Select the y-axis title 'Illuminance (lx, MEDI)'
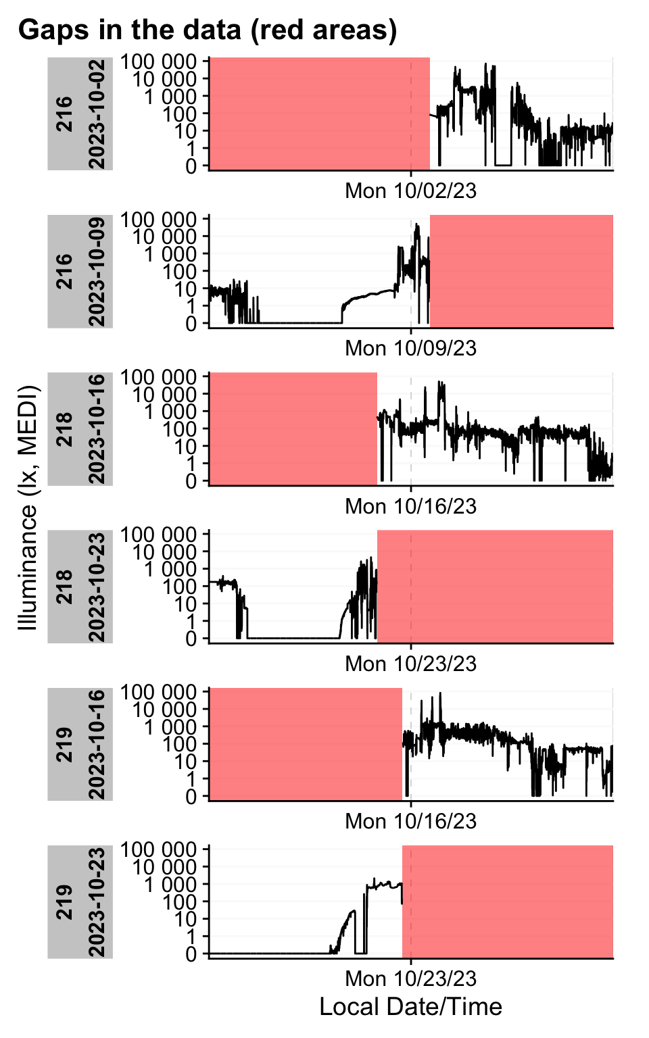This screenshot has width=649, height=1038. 28,508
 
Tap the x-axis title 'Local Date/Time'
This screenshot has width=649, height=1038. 410,1006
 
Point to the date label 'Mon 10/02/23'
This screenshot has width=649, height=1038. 410,191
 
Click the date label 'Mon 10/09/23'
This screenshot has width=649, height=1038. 410,348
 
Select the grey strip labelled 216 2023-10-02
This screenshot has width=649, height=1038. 80,114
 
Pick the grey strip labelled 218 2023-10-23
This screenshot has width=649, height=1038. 80,587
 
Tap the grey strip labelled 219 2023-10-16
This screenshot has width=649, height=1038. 80,744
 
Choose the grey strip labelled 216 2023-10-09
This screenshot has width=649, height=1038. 80,272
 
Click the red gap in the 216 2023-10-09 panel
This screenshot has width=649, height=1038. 521,272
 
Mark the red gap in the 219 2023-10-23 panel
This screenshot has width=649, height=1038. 508,901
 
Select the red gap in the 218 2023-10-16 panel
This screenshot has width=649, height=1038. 293,428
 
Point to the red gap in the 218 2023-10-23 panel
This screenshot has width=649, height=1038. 495,587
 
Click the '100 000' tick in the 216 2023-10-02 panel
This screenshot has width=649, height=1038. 159,61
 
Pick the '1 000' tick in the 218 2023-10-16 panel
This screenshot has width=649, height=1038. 170,412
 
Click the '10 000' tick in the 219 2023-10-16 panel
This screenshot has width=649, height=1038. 164,710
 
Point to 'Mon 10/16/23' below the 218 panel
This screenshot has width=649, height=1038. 410,506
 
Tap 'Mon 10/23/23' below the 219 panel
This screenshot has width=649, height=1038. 410,979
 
